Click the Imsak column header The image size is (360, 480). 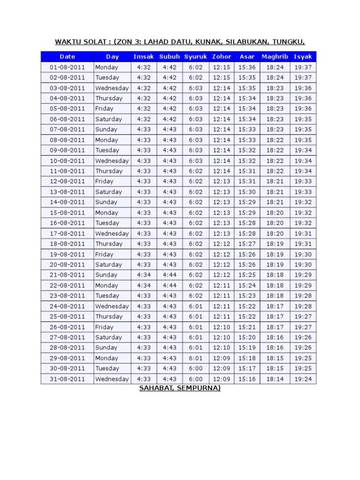pos(143,57)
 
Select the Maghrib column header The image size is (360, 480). pos(275,57)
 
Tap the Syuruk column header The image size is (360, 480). pos(195,57)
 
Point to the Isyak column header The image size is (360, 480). pos(303,57)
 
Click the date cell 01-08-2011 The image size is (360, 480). pos(67,67)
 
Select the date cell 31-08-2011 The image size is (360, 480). pos(67,379)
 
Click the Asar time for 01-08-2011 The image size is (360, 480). pos(247,67)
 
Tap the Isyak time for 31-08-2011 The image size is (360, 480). pos(303,379)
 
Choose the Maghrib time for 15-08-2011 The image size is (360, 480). pos(275,213)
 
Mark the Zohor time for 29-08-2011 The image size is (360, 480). pos(221,358)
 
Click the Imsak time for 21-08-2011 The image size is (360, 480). pos(143,275)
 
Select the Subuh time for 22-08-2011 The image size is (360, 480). pos(169,285)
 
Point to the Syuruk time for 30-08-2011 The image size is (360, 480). pos(195,368)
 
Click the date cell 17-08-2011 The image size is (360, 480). pos(67,233)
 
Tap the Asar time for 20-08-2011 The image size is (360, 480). pos(247,265)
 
